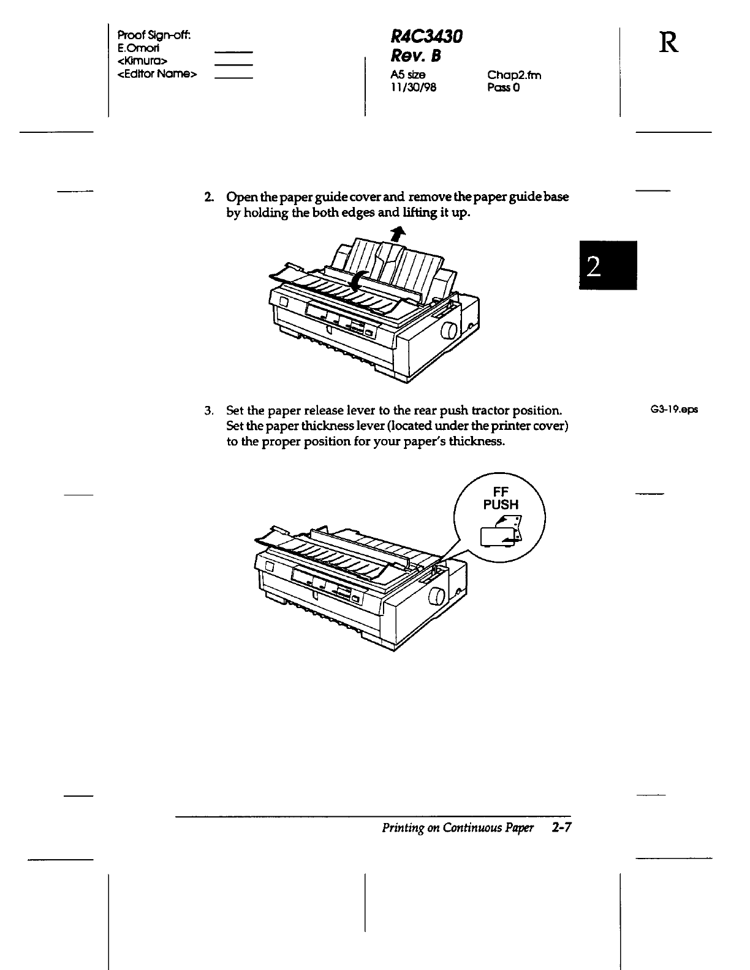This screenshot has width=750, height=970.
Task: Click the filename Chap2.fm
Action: coord(514,75)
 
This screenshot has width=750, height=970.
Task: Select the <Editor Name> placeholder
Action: coord(156,74)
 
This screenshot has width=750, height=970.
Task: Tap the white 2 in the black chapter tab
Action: coord(593,266)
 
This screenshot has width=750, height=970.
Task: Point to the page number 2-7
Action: coord(561,829)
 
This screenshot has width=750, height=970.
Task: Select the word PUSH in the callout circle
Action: coord(501,505)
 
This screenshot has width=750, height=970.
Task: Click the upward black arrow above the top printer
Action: coord(399,233)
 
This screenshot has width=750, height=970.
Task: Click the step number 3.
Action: coord(208,410)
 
